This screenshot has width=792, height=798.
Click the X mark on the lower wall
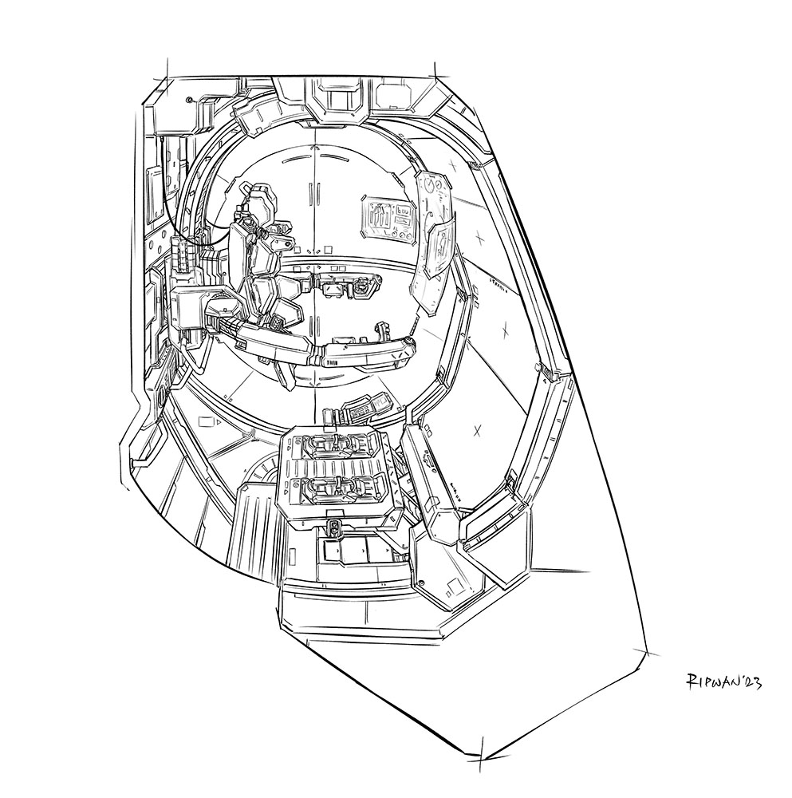pyautogui.click(x=477, y=432)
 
